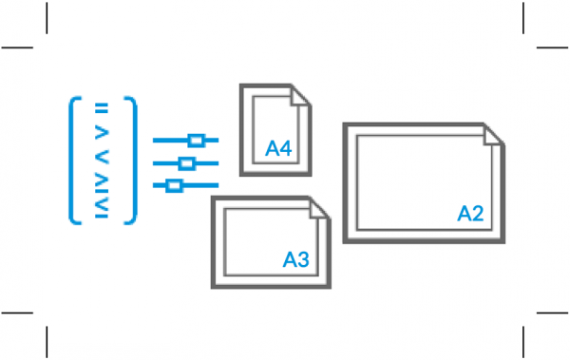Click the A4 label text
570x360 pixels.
coord(278,149)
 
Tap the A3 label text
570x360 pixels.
coord(296,258)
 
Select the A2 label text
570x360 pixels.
coord(472,214)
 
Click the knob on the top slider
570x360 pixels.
coord(197,140)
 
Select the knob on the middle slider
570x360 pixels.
coord(186,162)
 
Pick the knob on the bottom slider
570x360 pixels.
coord(173,185)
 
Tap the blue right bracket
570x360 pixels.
coord(133,161)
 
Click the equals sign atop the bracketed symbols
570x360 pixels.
coord(103,105)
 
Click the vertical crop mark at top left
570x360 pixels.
coord(47,16)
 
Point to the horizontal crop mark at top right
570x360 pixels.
coord(552,47)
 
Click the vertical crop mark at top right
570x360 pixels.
coord(523,16)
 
